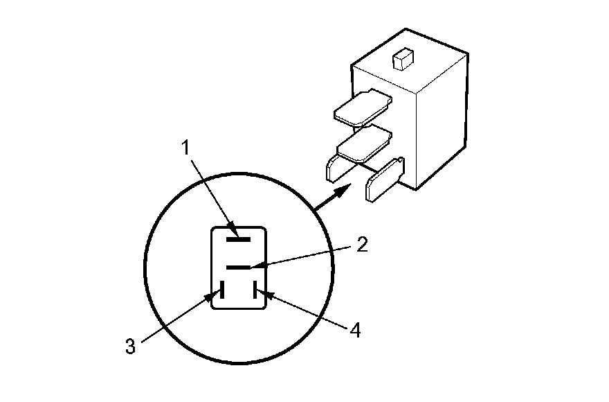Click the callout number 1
(185, 147)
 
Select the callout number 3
(129, 346)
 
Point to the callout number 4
(354, 331)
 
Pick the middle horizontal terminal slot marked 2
(237, 267)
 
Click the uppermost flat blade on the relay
(361, 108)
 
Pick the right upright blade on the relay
(381, 180)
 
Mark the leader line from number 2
(304, 257)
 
